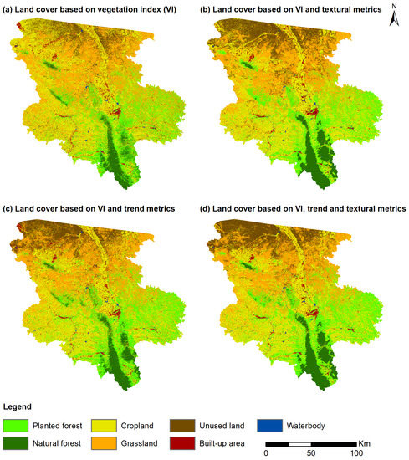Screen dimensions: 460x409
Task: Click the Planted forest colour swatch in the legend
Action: [x=17, y=424]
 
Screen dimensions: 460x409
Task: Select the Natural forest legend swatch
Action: [x=17, y=443]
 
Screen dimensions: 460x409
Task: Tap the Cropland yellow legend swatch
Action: [x=102, y=424]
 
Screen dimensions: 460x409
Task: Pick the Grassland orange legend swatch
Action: [x=102, y=443]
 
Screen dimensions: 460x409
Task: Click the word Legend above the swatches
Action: [x=21, y=406]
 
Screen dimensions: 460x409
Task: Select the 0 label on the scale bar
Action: [x=266, y=452]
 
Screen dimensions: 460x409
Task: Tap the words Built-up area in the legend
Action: [x=234, y=443]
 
